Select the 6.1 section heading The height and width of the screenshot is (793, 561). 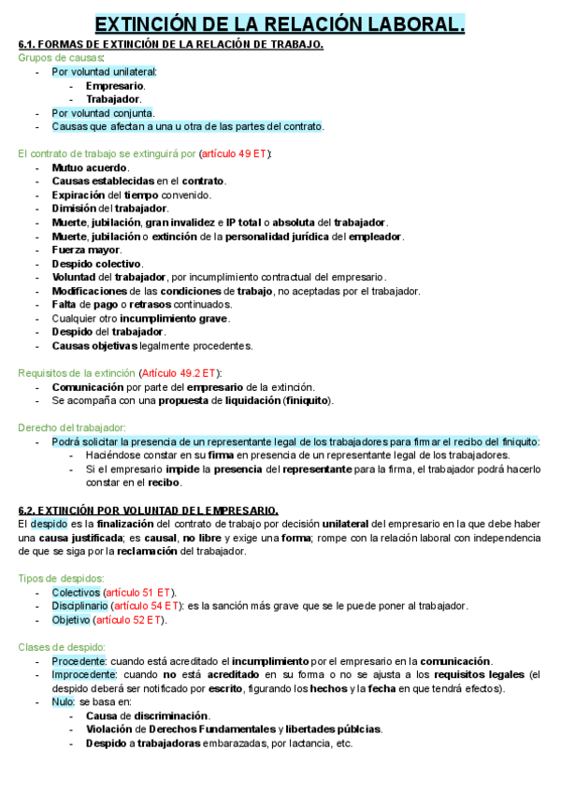(171, 45)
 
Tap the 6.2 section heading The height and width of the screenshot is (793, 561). (149, 510)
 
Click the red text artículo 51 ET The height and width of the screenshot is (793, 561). (138, 592)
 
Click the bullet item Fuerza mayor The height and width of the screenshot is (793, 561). (86, 250)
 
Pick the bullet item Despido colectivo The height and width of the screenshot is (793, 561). (94, 264)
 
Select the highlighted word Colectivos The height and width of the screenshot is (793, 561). (75, 592)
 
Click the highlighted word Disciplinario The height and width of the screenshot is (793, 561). (80, 606)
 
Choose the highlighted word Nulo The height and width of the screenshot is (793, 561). (63, 701)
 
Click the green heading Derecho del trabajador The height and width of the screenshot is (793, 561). (72, 427)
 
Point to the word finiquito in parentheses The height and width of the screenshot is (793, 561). (305, 400)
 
